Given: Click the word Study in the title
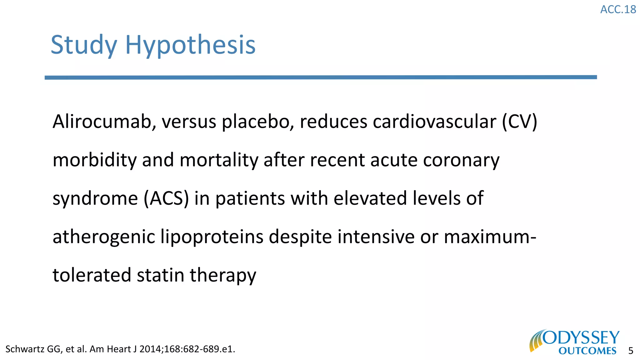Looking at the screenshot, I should tap(84, 45).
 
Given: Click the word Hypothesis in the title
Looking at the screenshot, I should tap(190, 45).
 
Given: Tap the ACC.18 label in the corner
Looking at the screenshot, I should tap(618, 10).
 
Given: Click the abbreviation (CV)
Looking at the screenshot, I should tap(519, 122).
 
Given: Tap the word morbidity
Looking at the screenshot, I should tap(95, 160).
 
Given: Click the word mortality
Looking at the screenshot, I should tap(219, 160).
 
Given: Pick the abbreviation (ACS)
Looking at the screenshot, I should tap(166, 198).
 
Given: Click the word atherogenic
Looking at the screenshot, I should tap(104, 237).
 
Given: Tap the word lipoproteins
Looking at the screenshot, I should tap(212, 237).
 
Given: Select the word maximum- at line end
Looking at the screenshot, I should tap(490, 237).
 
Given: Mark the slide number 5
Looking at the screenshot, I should tap(631, 351).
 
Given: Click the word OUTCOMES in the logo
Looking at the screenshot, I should tap(587, 351).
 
